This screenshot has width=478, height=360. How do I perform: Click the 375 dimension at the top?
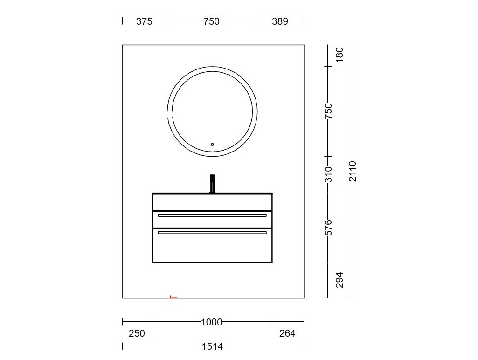144,21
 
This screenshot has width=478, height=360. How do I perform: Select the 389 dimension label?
280,21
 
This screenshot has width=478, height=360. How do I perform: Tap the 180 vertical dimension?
339,55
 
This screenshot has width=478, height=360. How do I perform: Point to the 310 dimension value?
328,174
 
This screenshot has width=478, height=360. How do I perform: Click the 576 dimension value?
328,228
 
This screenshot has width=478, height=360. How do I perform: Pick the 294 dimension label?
339,280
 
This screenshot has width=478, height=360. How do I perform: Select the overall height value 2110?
353,171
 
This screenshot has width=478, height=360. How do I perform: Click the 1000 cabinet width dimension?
212,322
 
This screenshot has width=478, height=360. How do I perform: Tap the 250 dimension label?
137,333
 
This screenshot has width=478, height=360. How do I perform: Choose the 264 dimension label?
287,333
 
